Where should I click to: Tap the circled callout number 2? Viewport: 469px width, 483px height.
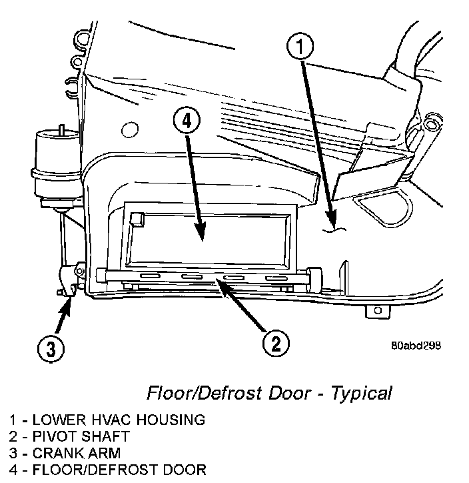point(275,344)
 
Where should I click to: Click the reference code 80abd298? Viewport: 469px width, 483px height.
point(416,346)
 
